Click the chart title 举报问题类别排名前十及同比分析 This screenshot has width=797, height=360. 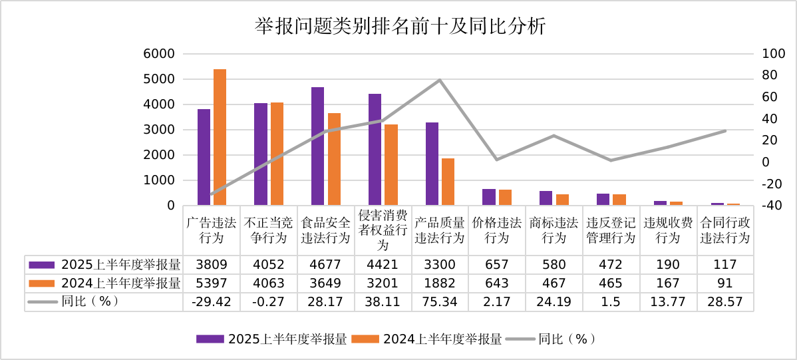(400, 27)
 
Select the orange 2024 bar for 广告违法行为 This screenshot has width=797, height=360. (220, 137)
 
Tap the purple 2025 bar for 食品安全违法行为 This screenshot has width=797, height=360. (317, 146)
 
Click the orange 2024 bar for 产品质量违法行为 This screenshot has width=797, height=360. (448, 181)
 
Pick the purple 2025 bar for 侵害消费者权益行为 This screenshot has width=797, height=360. (375, 149)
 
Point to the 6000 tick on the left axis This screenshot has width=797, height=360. (160, 54)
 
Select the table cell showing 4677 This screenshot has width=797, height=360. (325, 265)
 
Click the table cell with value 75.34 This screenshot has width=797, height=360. (440, 301)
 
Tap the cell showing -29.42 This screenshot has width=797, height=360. (212, 301)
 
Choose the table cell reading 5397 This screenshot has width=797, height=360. (212, 283)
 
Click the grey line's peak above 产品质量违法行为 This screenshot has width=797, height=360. (440, 80)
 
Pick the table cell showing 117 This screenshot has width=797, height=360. (725, 265)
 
